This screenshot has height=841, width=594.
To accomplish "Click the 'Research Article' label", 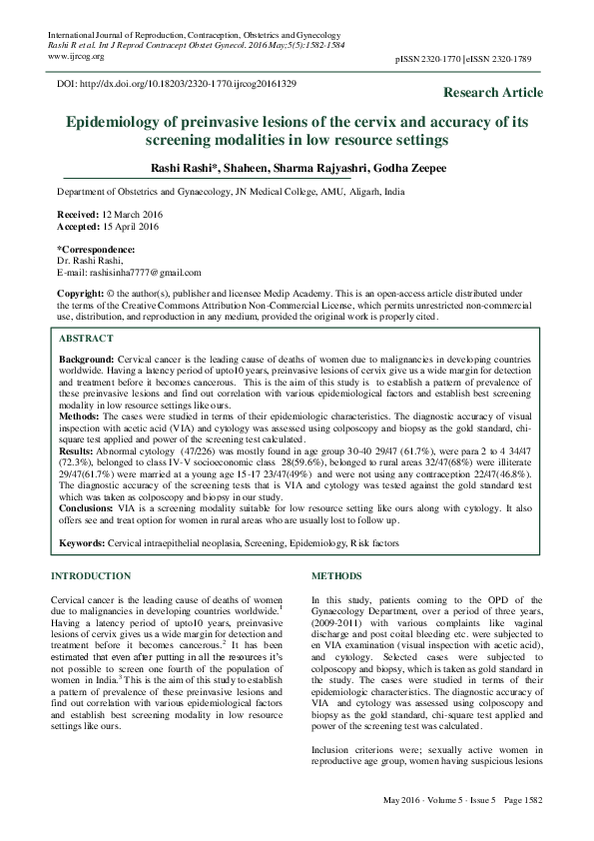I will tap(494, 93).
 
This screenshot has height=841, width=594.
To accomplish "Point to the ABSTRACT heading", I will tap(87, 339).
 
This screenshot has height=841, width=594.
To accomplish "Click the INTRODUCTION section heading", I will tap(90, 576).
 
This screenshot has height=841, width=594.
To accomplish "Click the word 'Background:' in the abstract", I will tap(86, 358).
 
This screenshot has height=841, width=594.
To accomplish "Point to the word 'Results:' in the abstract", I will tap(78, 449).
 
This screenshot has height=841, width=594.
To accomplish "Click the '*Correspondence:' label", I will tap(96, 248).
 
